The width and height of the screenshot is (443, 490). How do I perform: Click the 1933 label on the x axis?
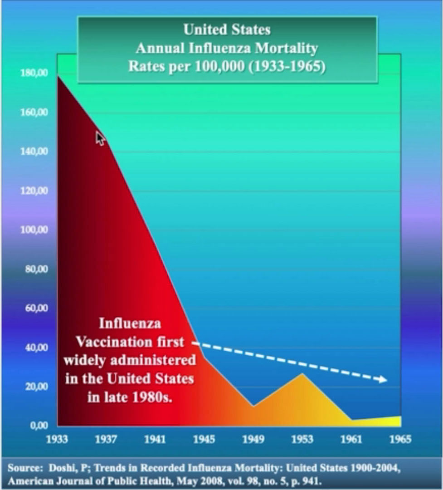click(x=58, y=439)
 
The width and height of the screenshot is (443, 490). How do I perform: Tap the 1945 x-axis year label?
click(x=204, y=439)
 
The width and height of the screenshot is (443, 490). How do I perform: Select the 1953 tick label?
click(x=302, y=439)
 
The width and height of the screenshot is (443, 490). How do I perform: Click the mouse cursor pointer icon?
click(x=100, y=138)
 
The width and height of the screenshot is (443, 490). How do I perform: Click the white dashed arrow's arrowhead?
click(x=384, y=379)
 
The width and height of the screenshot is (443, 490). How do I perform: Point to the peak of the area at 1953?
click(x=302, y=373)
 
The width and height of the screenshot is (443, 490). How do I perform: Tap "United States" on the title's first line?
click(x=227, y=30)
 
